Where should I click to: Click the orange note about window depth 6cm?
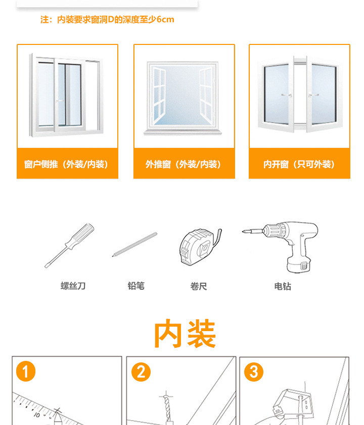pyautogui.click(x=107, y=20)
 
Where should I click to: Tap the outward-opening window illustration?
pyautogui.click(x=184, y=96)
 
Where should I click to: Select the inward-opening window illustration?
pyautogui.click(x=299, y=94)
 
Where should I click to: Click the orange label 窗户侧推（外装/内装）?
pyautogui.click(x=67, y=164)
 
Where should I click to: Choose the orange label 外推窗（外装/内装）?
pyautogui.click(x=184, y=164)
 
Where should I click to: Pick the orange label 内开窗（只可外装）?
pyautogui.click(x=299, y=164)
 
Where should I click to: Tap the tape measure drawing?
pyautogui.click(x=198, y=247)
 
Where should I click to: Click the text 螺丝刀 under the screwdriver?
pyautogui.click(x=73, y=286)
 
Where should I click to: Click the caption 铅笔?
pyautogui.click(x=136, y=286)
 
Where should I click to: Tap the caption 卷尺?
pyautogui.click(x=199, y=286)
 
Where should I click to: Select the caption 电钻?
pyautogui.click(x=283, y=286)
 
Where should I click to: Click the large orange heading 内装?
pyautogui.click(x=185, y=334)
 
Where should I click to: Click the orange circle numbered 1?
pyautogui.click(x=26, y=373)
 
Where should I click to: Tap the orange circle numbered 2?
pyautogui.click(x=141, y=373)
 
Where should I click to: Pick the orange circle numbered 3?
pyautogui.click(x=254, y=373)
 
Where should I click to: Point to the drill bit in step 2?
pyautogui.click(x=166, y=408)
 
